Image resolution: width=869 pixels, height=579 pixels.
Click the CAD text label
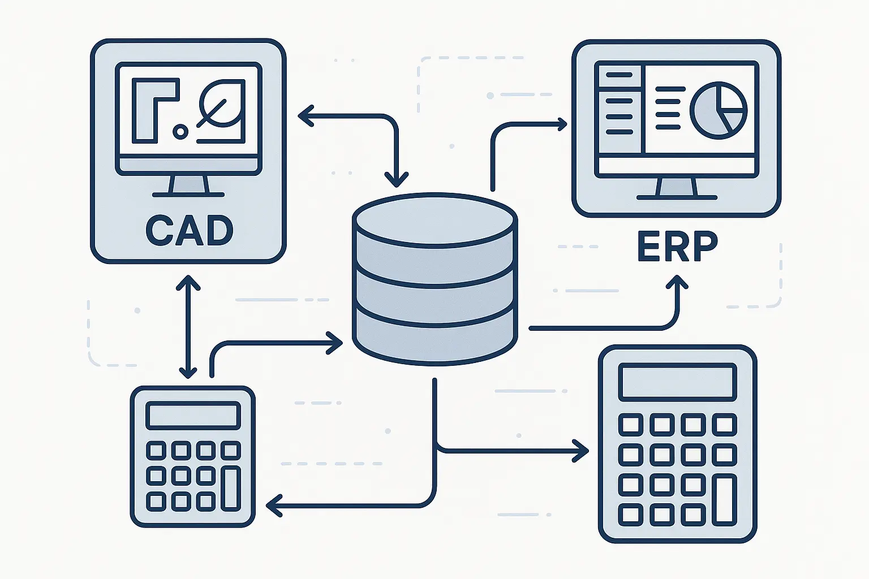[x=189, y=230]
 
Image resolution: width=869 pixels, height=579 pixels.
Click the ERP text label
[x=677, y=247]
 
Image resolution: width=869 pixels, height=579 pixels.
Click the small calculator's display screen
[x=193, y=416]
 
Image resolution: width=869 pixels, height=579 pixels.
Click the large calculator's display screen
[x=678, y=382]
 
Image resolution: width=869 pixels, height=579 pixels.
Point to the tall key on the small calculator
[x=230, y=488]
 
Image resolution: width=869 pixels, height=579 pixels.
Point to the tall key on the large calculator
[x=725, y=500]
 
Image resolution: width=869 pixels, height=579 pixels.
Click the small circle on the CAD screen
[x=180, y=132]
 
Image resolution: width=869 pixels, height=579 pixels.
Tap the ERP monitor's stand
[x=677, y=188]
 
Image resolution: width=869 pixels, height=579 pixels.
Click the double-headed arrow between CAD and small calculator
[x=188, y=326]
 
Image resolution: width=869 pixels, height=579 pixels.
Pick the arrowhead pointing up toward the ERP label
[x=677, y=282]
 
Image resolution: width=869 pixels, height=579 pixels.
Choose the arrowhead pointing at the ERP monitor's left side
[x=561, y=124]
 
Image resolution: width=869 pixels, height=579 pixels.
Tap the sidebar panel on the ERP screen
[x=620, y=109]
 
